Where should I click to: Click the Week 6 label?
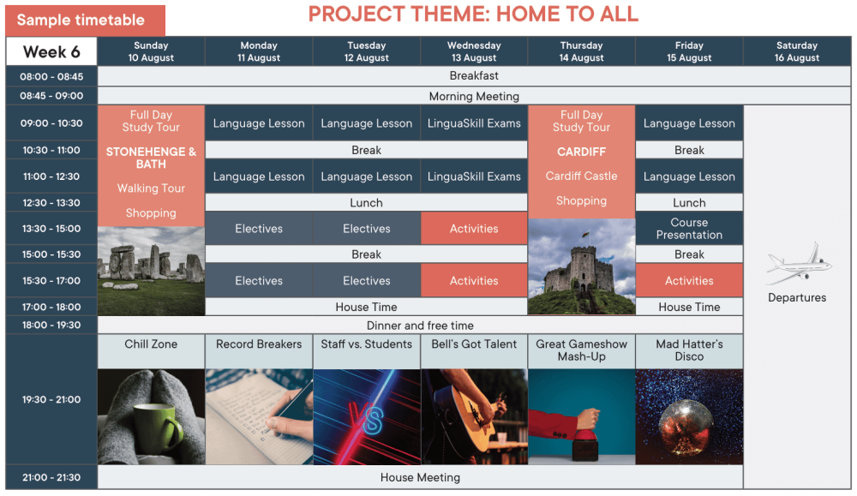click(x=51, y=52)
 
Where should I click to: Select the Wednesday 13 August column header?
click(x=474, y=51)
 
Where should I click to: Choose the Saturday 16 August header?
click(x=797, y=51)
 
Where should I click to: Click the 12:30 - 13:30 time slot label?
click(x=51, y=203)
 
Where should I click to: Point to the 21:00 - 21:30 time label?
click(x=51, y=477)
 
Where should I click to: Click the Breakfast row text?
click(x=474, y=76)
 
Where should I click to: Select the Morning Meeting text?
click(x=474, y=97)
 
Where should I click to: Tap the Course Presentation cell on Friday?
click(x=689, y=229)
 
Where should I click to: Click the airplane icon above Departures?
click(x=798, y=265)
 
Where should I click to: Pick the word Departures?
click(x=797, y=298)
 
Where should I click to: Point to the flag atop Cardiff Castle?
click(x=586, y=235)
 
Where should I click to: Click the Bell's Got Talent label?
click(x=474, y=344)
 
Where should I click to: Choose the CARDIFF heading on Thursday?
click(x=581, y=152)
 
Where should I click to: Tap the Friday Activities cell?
click(x=689, y=281)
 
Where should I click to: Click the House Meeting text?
click(x=420, y=478)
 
